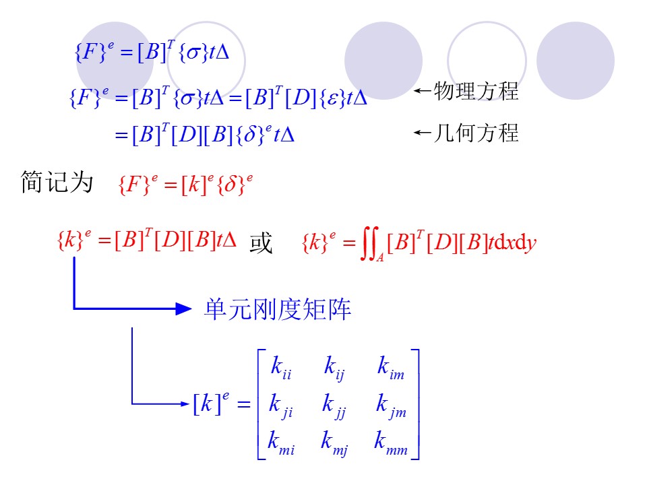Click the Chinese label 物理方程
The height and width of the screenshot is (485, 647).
click(476, 92)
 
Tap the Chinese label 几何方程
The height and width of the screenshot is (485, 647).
click(476, 133)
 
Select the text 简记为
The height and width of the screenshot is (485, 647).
click(57, 183)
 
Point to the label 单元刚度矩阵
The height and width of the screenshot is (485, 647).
click(278, 310)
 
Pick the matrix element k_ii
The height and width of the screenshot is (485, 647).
click(280, 368)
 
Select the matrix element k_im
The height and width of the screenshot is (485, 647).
click(390, 368)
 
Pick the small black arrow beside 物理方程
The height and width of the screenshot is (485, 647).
click(422, 92)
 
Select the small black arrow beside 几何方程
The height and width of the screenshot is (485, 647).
click(422, 133)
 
